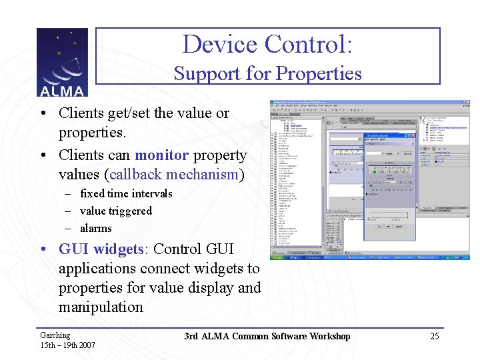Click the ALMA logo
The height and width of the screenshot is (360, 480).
pos(62,63)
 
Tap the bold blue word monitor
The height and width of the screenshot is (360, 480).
pos(161,155)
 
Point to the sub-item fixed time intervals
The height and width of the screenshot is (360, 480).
pos(126,193)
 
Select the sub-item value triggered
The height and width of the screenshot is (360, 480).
pos(116,211)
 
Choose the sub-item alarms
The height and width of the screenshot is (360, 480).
pos(96,228)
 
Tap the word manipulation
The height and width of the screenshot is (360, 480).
pos(101,307)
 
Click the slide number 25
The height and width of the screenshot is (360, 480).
pos(434,336)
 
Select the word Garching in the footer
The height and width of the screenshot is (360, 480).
pos(55,335)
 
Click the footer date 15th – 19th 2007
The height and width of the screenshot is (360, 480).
pos(67,345)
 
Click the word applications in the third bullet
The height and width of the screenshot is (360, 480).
pos(100,269)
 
